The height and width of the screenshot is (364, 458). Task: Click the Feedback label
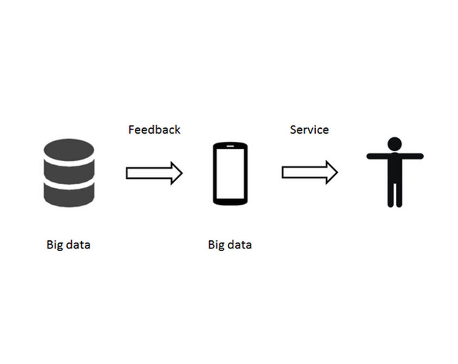tap(154, 130)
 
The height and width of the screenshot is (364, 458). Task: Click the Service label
tap(310, 130)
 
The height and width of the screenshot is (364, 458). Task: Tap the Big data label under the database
tap(69, 244)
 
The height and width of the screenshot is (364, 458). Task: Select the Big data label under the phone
tap(230, 244)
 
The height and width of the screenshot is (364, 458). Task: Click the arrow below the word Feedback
tap(154, 173)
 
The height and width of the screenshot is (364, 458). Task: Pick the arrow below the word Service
tap(310, 172)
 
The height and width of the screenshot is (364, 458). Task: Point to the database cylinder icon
tap(69, 173)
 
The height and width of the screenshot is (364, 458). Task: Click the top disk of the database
tap(69, 150)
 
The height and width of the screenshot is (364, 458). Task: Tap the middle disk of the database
tap(69, 172)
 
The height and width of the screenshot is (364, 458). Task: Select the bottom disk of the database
tap(69, 196)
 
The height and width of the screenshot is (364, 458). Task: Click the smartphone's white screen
tap(230, 173)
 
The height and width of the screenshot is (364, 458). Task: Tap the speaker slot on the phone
tap(230, 146)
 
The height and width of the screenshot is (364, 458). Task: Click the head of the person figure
tap(394, 144)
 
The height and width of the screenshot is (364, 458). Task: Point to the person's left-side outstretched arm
tap(377, 156)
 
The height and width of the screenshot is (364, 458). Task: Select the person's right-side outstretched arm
tap(412, 156)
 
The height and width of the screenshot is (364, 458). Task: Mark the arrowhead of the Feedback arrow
tap(177, 173)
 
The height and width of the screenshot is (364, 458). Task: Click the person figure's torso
tap(395, 168)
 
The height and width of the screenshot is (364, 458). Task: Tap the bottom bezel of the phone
tap(230, 202)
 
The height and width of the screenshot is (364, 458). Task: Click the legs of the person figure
tap(395, 195)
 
